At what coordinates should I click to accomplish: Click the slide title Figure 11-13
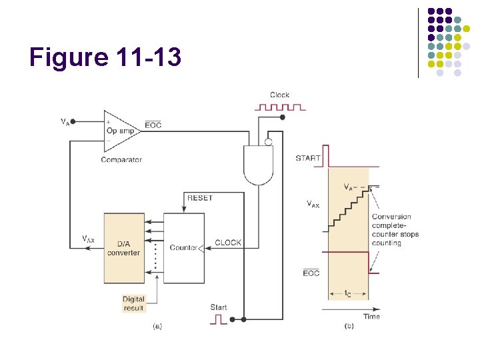coord(105,57)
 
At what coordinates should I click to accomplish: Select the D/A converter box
coord(123,248)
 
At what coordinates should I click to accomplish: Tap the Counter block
coord(184,248)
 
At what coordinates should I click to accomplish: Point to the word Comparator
coord(121,160)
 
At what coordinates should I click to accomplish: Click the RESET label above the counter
coord(200,198)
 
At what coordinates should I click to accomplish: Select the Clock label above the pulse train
coord(279,95)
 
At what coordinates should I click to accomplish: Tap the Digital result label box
coord(134,303)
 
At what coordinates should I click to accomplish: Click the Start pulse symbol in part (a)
coord(219,319)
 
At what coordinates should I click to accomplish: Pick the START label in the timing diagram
coord(308,158)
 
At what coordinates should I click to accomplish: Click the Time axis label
coord(372,317)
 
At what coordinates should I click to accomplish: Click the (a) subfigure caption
coord(158,326)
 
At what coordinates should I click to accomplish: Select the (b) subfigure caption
coord(349,326)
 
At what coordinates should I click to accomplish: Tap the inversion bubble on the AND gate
coord(267,141)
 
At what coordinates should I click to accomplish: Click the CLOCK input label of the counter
coord(228,243)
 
